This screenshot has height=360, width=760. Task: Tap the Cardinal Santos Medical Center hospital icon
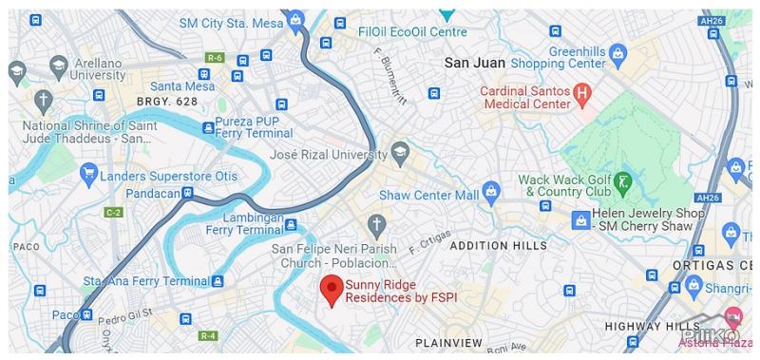583,94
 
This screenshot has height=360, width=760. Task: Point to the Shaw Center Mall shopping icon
490,191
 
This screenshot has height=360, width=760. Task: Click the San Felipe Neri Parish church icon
376,225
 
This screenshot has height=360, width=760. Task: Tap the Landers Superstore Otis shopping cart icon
88,172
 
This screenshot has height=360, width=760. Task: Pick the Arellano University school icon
58,66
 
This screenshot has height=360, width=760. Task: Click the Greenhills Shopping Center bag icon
617,51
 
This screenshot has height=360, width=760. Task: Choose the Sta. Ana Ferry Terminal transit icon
218,281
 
